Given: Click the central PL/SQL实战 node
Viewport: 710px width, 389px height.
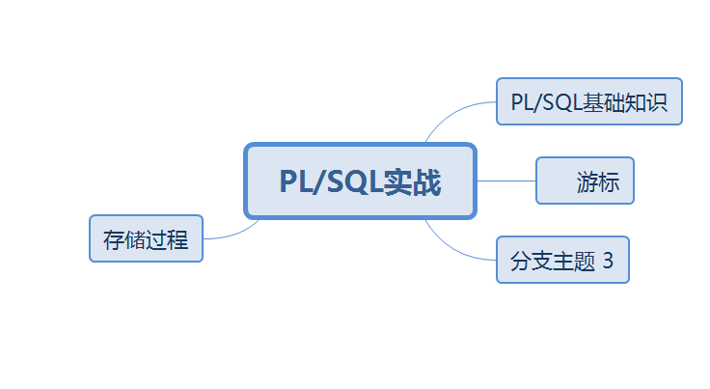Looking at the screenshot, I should click(360, 181).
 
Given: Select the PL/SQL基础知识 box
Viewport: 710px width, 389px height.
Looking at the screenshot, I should click(588, 101).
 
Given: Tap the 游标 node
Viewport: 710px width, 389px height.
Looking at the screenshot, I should click(585, 181).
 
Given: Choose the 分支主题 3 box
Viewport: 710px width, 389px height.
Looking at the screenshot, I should click(562, 260).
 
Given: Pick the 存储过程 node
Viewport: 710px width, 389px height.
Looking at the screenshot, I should click(146, 238).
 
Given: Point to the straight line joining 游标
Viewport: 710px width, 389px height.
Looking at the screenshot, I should click(506, 181).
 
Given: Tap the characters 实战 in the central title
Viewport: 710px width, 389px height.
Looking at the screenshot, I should click(412, 181).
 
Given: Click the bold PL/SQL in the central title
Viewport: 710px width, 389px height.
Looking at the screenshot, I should click(330, 181).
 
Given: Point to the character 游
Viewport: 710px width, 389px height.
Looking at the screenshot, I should click(587, 181).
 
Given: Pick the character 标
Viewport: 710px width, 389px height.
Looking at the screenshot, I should click(608, 181).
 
